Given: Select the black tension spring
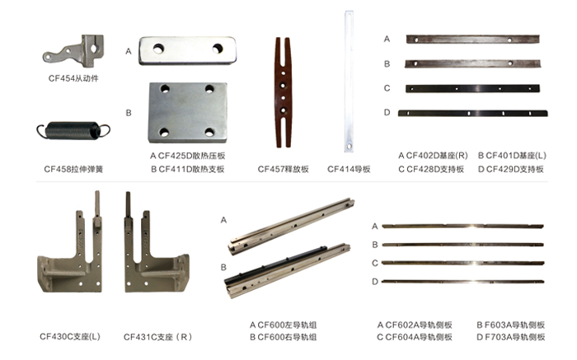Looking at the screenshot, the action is [73, 130].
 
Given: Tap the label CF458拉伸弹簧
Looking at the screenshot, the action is [73, 169].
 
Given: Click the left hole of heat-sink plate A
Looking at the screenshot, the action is [158, 48].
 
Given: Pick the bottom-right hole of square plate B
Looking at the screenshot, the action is [209, 132].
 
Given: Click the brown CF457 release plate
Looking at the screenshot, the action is [283, 92].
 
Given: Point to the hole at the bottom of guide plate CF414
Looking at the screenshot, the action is [349, 147].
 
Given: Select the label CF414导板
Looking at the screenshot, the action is [349, 169].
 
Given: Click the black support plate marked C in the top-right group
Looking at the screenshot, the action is [472, 89].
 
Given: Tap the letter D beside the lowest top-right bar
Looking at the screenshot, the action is [387, 112].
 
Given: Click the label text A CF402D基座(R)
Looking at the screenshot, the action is [433, 156].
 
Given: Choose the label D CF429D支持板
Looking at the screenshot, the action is [511, 169].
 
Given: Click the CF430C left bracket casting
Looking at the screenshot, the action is [70, 250].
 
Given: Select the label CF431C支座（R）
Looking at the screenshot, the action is [158, 337].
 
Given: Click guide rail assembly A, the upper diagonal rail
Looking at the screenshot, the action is [291, 227].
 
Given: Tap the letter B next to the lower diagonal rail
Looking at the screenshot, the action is [223, 268].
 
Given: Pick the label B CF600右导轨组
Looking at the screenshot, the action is [283, 337].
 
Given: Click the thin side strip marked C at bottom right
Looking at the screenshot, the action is [463, 263].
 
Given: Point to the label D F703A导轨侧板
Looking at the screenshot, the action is [511, 337].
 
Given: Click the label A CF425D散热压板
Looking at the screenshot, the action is [188, 156].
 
